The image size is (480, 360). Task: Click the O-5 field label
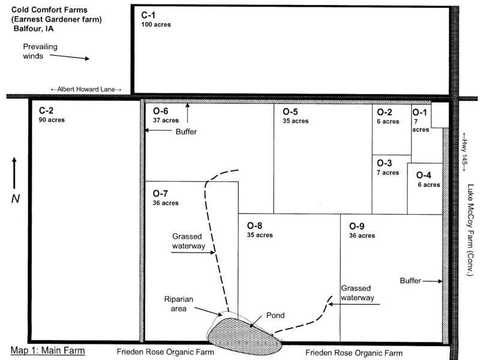290,112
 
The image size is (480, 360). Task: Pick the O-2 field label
385,112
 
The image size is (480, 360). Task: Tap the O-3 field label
385,163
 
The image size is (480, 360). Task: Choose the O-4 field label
424,175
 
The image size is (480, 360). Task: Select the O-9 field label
356,226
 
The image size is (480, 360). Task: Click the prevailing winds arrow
69,56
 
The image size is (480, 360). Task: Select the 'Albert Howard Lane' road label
86,89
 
